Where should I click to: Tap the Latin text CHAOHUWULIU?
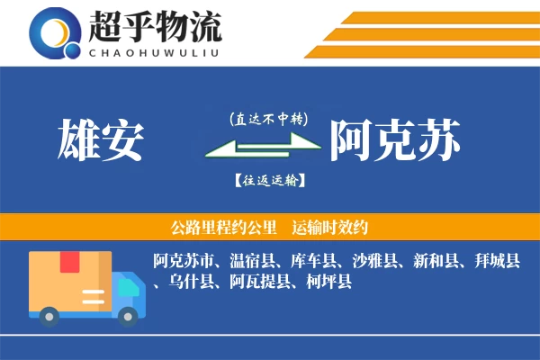154,52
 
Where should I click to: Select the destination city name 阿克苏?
396,140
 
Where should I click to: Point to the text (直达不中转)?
269,119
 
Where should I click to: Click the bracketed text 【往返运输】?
269,181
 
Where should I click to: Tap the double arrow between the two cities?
264,147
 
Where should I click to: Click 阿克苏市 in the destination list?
184,262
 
